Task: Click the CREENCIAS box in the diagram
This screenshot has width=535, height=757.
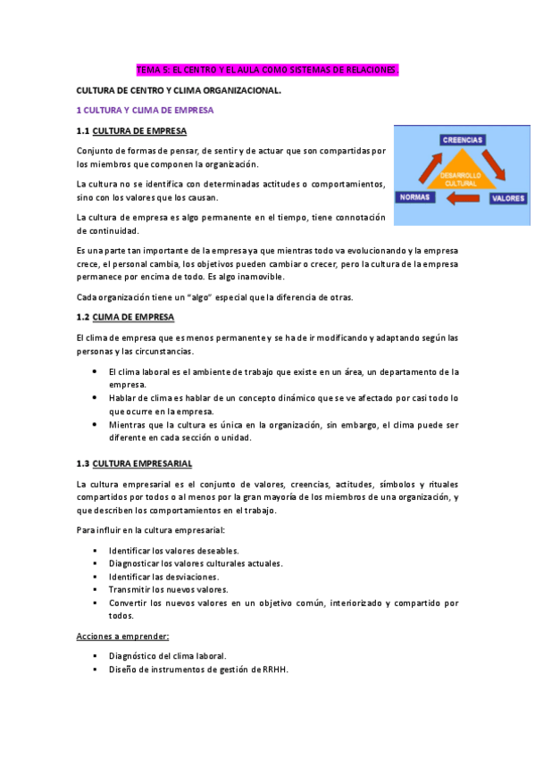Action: click(x=463, y=139)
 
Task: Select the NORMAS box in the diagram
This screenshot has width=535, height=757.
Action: click(x=417, y=196)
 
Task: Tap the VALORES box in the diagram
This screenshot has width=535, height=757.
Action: click(x=508, y=199)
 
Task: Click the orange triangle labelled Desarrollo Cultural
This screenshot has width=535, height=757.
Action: click(x=463, y=177)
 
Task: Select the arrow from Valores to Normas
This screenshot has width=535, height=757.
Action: click(x=463, y=199)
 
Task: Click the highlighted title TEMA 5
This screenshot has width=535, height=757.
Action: click(x=266, y=69)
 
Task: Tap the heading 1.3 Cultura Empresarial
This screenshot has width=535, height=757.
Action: click(x=134, y=463)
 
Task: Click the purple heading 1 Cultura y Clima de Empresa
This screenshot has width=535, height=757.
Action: click(x=145, y=110)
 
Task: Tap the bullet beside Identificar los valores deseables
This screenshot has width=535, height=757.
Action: click(x=95, y=551)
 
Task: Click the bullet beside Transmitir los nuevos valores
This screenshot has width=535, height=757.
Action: click(x=95, y=589)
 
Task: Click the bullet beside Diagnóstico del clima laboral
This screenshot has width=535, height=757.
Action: click(x=95, y=656)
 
